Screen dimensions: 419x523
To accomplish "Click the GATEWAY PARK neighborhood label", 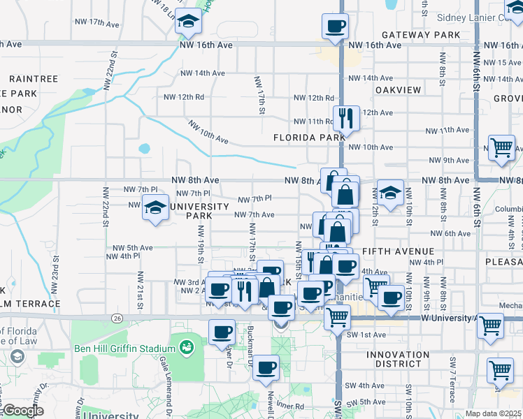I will pos(420,35).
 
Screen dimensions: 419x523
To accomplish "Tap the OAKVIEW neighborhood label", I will pos(398,90).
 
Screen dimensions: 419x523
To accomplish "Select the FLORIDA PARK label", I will pos(309,138).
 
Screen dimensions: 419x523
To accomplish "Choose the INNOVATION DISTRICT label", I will pos(398,359).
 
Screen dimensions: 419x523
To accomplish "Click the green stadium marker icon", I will pos(186,346).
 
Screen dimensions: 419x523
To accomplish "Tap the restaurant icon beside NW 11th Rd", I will pos(345,118).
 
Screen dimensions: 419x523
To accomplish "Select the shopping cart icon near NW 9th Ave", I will pos(501,148).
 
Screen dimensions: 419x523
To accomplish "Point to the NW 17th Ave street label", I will pos(97,22).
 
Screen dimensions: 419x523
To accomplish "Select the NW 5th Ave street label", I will pos(133,247).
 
